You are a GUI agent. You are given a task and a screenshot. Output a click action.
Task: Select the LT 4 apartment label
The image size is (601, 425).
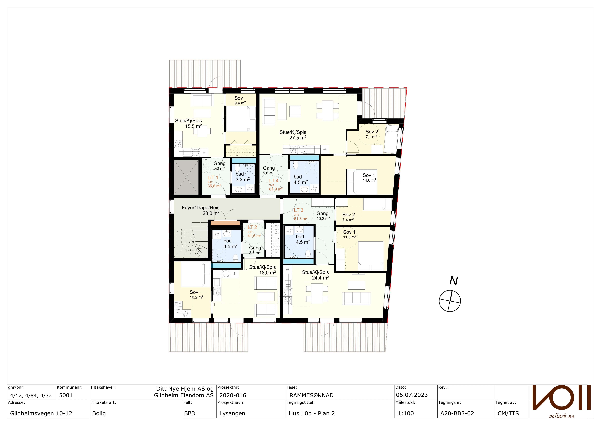click(274, 181)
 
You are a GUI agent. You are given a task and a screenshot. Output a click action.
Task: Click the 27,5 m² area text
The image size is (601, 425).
click(298, 138)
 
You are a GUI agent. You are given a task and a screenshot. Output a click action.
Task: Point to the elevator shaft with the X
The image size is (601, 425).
click(186, 177)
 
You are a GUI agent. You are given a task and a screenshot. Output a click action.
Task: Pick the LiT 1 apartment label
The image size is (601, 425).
click(213, 177)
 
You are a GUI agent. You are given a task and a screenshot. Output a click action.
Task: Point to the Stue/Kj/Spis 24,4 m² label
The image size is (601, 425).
click(316, 275)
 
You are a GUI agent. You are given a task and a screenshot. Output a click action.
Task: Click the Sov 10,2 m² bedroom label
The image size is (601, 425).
click(196, 294)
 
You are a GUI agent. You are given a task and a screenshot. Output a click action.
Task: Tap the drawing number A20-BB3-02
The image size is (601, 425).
click(457, 413)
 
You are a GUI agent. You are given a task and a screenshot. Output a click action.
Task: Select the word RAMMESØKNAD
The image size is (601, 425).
click(311, 395)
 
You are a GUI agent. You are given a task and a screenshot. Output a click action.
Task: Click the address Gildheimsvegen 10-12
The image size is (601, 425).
click(41, 413)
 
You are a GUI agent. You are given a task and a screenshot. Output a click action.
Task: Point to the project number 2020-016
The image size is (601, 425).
click(233, 395)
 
